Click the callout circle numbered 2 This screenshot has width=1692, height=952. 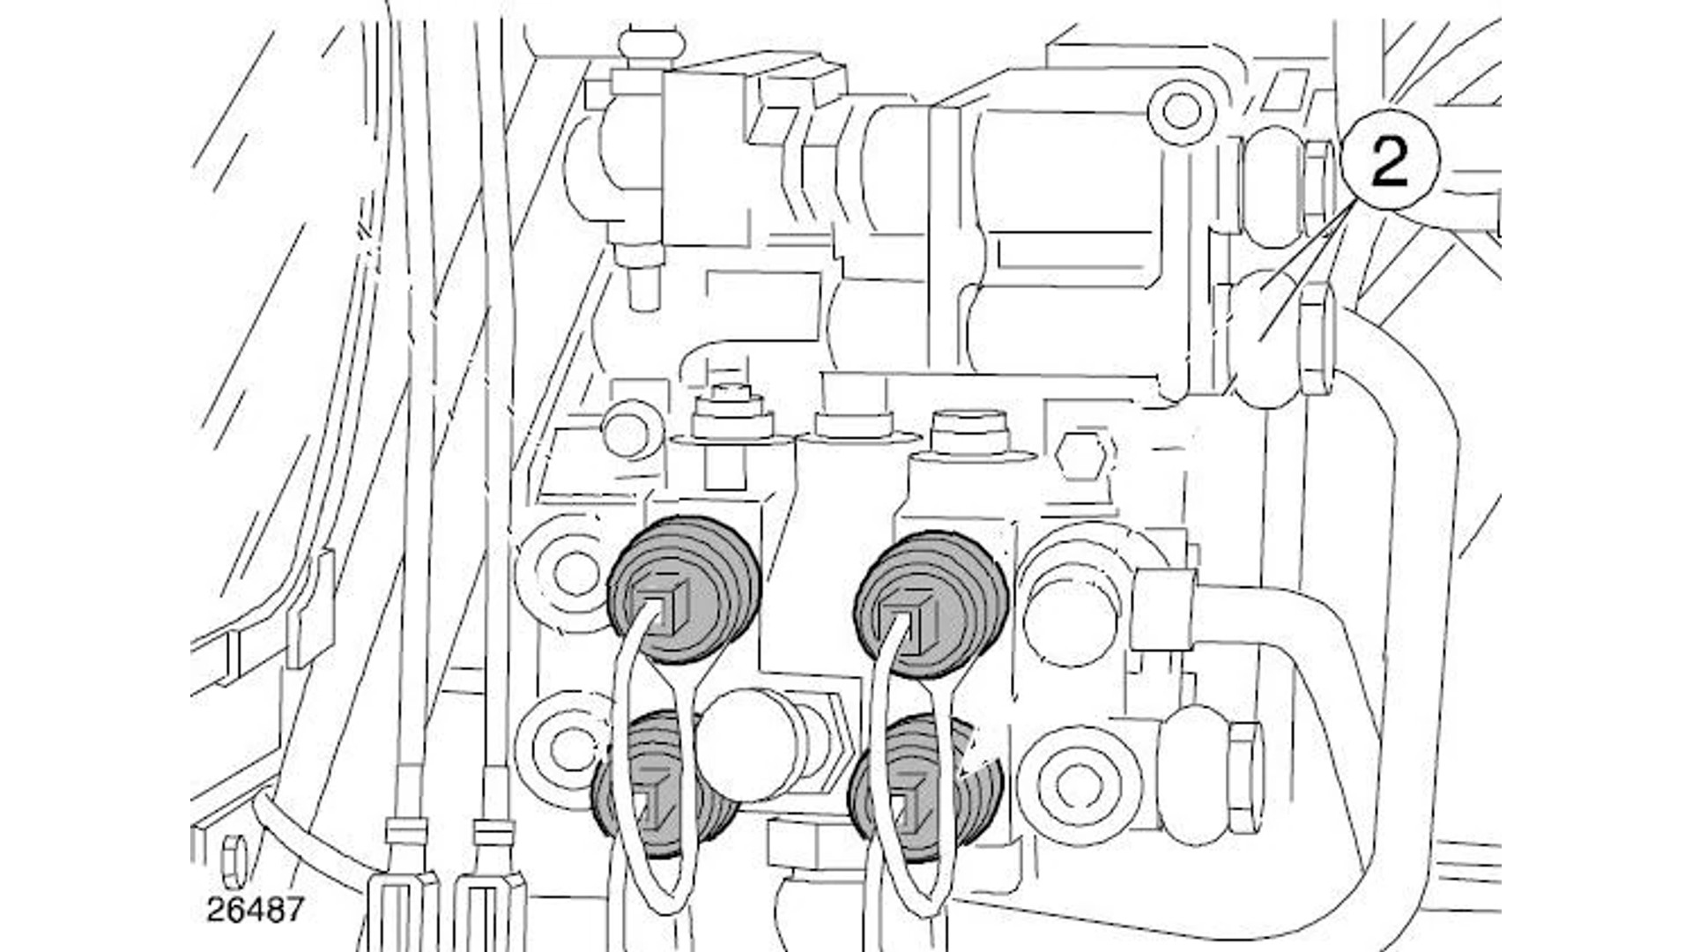[1391, 162]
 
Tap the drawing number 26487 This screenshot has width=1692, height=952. [256, 909]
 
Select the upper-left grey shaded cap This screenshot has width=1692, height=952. [685, 590]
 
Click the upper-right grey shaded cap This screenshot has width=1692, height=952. [932, 603]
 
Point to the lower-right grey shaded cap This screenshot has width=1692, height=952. [925, 789]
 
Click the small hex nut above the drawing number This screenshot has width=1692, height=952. [233, 861]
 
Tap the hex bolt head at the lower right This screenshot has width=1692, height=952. [1243, 777]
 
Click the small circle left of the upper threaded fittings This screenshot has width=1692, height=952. [630, 428]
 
